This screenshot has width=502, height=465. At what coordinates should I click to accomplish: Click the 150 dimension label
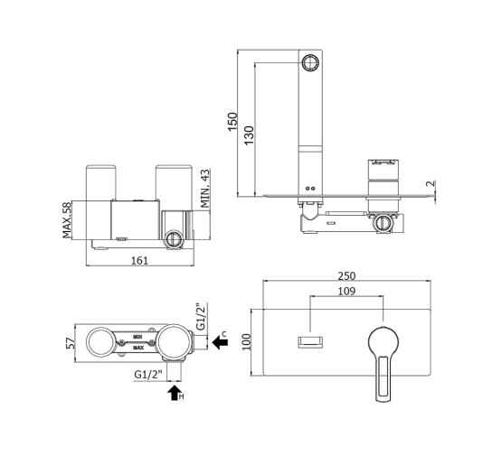232,122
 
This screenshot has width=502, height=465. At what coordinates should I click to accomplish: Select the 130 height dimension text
249,135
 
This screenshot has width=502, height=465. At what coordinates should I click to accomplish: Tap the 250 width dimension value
346,276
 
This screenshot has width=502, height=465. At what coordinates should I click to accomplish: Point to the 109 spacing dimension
346,291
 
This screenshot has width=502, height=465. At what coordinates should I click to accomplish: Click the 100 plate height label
246,341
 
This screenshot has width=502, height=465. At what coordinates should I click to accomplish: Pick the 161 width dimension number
140,261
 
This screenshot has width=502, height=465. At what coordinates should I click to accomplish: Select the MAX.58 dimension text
67,220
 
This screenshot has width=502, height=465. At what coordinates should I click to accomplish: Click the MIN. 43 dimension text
205,189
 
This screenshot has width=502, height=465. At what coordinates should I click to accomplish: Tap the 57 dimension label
71,343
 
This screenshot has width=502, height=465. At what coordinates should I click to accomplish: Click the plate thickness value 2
431,183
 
